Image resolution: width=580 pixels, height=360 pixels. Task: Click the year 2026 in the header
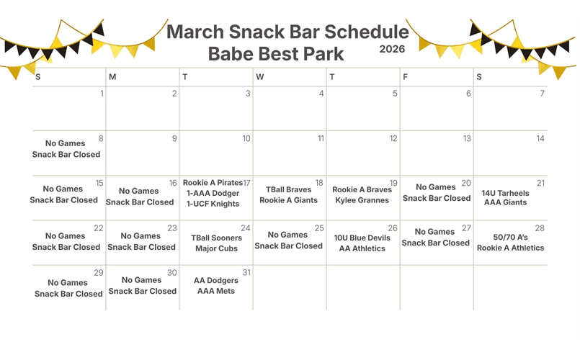[x=392, y=50]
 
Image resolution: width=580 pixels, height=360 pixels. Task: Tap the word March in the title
[x=200, y=32]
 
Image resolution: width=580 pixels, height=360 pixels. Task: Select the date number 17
[x=246, y=183]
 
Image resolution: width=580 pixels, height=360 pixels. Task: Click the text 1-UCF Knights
[x=213, y=204]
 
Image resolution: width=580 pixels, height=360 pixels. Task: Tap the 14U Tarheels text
[x=505, y=193]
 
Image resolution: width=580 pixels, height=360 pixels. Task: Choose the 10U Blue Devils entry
[x=362, y=238]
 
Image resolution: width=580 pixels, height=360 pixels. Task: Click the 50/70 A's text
[x=510, y=237]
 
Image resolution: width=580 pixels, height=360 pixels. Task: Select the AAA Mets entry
[x=216, y=291]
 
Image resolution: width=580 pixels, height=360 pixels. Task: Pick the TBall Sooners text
[x=215, y=238]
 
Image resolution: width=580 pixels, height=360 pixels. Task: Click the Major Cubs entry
[x=216, y=248]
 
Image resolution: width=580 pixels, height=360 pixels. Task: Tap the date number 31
[x=246, y=273]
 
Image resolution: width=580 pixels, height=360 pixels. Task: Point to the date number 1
[x=102, y=94]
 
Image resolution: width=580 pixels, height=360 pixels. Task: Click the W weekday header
[x=260, y=76]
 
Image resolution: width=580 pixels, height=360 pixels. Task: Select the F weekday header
[x=406, y=76]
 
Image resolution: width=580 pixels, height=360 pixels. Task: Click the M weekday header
[x=112, y=76]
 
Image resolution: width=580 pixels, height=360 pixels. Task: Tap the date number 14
[x=540, y=138]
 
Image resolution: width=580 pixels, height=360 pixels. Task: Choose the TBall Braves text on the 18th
[x=288, y=190]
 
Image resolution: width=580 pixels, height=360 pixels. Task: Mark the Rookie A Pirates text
[x=213, y=183]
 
